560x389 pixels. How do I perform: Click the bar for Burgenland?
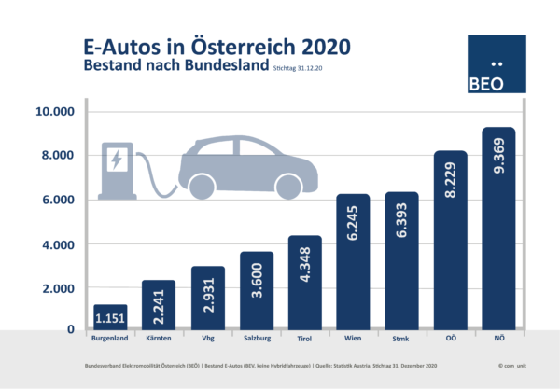click(x=110, y=316)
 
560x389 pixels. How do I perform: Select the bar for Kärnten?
click(x=159, y=304)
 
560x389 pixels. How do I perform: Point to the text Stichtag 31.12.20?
click(x=303, y=69)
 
